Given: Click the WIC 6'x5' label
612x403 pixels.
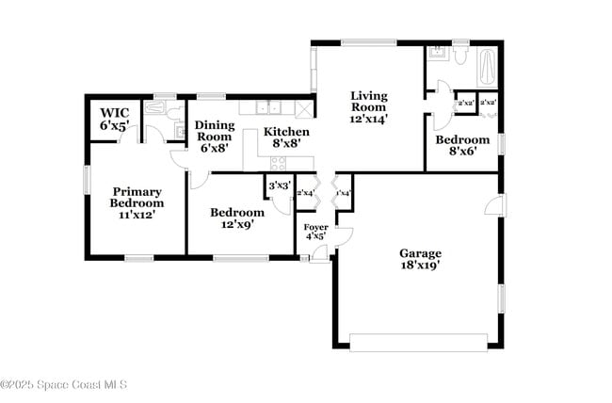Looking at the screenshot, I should pyautogui.click(x=115, y=119).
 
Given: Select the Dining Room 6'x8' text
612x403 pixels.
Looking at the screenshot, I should pyautogui.click(x=215, y=136).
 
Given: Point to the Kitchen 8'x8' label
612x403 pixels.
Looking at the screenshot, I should pyautogui.click(x=285, y=137).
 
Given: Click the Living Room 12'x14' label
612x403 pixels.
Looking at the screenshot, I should pyautogui.click(x=369, y=106).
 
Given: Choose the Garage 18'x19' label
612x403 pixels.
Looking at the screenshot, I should pyautogui.click(x=420, y=259).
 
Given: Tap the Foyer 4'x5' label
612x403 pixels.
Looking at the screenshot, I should pyautogui.click(x=315, y=232).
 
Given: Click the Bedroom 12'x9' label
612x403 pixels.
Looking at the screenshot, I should pyautogui.click(x=236, y=218).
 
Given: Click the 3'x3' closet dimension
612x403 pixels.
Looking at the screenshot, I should pyautogui.click(x=278, y=186).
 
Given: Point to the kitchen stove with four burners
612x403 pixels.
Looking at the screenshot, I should pyautogui.click(x=279, y=163).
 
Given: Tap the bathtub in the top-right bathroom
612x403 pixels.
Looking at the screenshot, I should pyautogui.click(x=488, y=67).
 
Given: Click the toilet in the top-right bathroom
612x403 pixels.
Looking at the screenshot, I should pyautogui.click(x=460, y=55).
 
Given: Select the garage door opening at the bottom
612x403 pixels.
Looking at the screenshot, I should pyautogui.click(x=418, y=342).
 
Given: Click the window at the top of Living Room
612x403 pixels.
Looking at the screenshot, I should pyautogui.click(x=368, y=41).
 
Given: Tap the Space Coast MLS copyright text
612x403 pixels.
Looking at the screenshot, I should pyautogui.click(x=63, y=384).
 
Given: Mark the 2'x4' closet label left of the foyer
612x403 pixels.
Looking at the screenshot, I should pyautogui.click(x=305, y=194).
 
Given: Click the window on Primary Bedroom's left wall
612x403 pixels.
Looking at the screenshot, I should pyautogui.click(x=87, y=179).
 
